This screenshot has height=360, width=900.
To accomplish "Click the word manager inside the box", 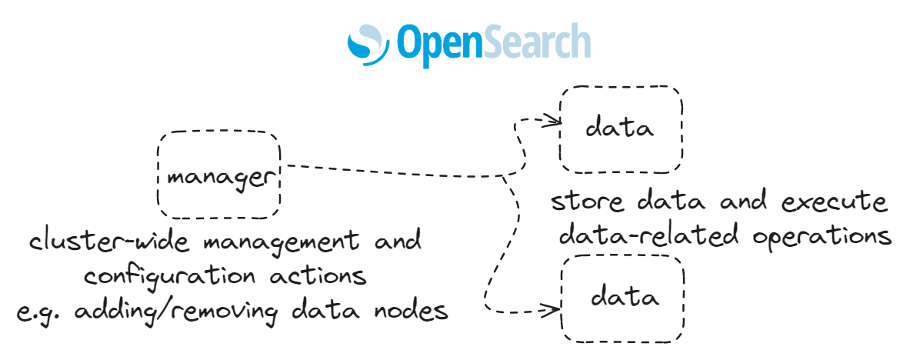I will click(x=220, y=177).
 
